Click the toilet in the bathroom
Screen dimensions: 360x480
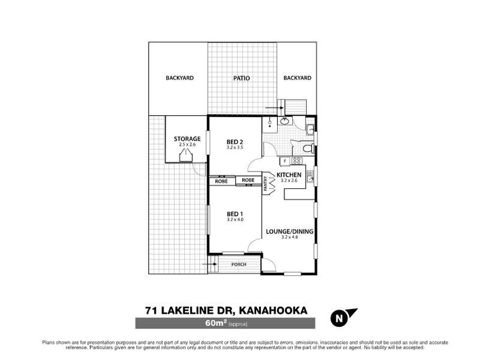pyautogui.click(x=307, y=148)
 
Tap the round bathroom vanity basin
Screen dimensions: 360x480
pyautogui.click(x=285, y=122)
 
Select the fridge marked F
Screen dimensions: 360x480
pyautogui.click(x=284, y=161)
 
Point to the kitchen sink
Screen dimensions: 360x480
pyautogui.click(x=310, y=176)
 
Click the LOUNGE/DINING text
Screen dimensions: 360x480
pyautogui.click(x=290, y=232)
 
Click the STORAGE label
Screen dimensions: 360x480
pyautogui.click(x=187, y=139)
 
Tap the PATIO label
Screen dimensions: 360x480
pyautogui.click(x=242, y=78)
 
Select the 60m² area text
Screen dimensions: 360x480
pyautogui.click(x=215, y=324)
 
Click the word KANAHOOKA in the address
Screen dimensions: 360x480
pyautogui.click(x=274, y=310)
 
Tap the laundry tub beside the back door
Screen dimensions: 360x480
pyautogui.click(x=310, y=128)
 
